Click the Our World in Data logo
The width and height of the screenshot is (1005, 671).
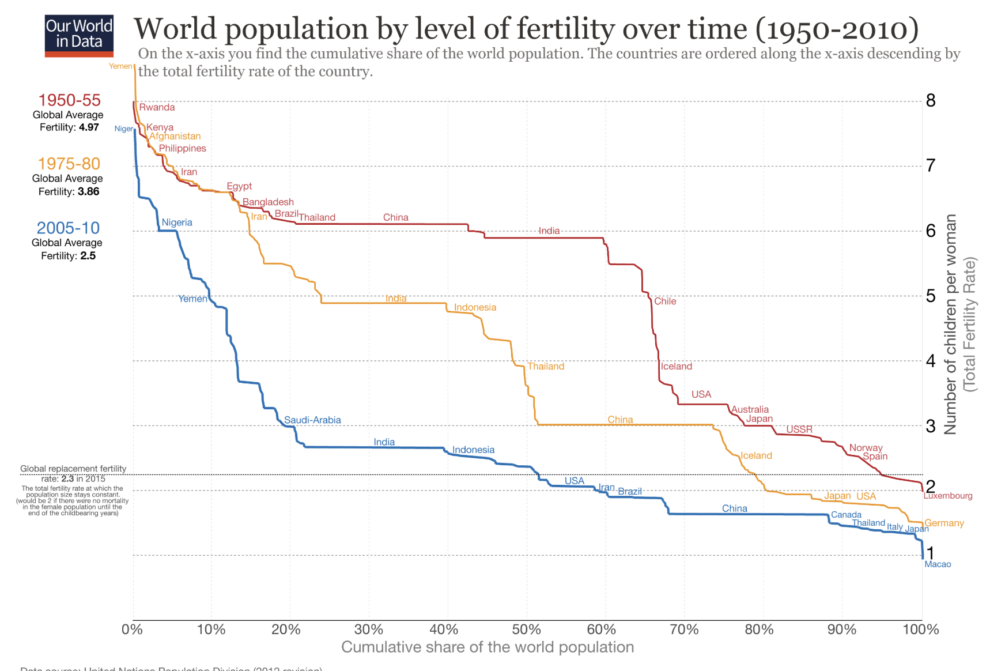click(79, 35)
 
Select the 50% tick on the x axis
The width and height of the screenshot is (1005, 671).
click(526, 629)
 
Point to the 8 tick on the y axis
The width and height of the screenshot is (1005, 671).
click(931, 101)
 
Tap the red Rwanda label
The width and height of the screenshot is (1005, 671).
click(157, 107)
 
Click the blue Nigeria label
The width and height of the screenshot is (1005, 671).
click(177, 223)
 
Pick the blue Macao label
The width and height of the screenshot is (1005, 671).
click(938, 564)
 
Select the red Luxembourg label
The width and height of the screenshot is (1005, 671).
click(947, 496)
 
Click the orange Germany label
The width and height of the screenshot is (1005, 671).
click(944, 523)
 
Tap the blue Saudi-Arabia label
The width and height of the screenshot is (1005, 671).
click(312, 420)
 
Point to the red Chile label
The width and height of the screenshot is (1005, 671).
click(665, 301)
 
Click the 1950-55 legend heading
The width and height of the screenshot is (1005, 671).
click(69, 100)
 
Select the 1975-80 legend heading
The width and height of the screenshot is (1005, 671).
click(69, 164)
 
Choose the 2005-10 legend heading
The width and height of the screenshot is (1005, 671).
click(68, 228)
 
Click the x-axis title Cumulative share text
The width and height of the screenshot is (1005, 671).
click(487, 647)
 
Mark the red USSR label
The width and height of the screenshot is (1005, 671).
click(799, 429)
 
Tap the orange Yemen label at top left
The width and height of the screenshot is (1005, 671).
click(120, 66)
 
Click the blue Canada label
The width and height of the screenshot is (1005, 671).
click(846, 515)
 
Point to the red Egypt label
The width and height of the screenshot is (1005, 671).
click(239, 186)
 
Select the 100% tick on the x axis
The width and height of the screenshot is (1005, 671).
click(920, 629)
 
